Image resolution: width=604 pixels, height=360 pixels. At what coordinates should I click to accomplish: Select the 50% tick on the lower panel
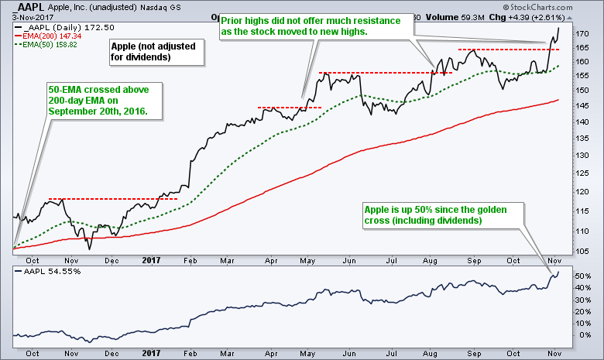tap(582, 276)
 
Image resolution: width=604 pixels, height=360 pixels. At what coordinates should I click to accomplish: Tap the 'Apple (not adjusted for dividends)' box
tap(155, 52)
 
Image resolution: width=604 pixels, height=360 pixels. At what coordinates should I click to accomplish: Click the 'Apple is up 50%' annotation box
tap(441, 215)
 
